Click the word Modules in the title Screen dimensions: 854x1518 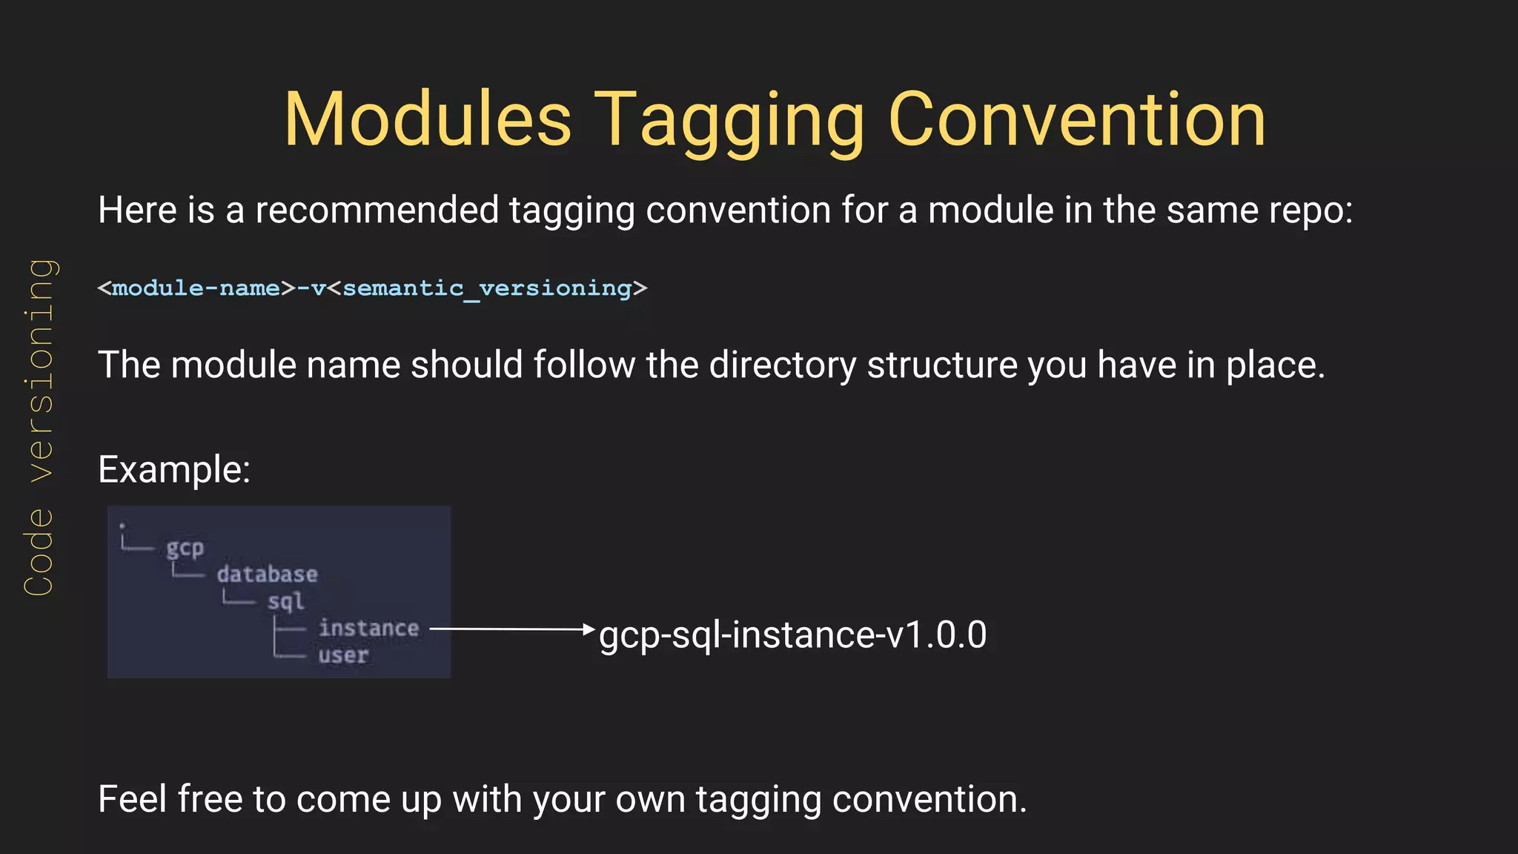[x=428, y=120]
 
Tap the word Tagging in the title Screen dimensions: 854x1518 [x=729, y=120]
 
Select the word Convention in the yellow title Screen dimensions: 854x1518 [x=1076, y=120]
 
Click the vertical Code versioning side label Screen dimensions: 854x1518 [x=39, y=427]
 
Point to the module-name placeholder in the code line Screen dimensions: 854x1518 [x=196, y=288]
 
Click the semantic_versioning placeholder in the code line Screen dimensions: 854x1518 [x=487, y=288]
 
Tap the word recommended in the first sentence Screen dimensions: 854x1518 [x=377, y=211]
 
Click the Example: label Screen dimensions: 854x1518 [x=174, y=469]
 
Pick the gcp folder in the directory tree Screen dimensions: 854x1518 [x=185, y=548]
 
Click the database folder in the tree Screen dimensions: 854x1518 [x=267, y=575]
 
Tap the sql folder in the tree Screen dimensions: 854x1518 [x=285, y=601]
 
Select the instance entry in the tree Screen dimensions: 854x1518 [x=368, y=629]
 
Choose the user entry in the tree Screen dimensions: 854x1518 [x=343, y=655]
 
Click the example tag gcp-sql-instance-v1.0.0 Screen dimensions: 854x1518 [x=792, y=635]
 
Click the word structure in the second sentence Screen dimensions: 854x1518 [x=942, y=365]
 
